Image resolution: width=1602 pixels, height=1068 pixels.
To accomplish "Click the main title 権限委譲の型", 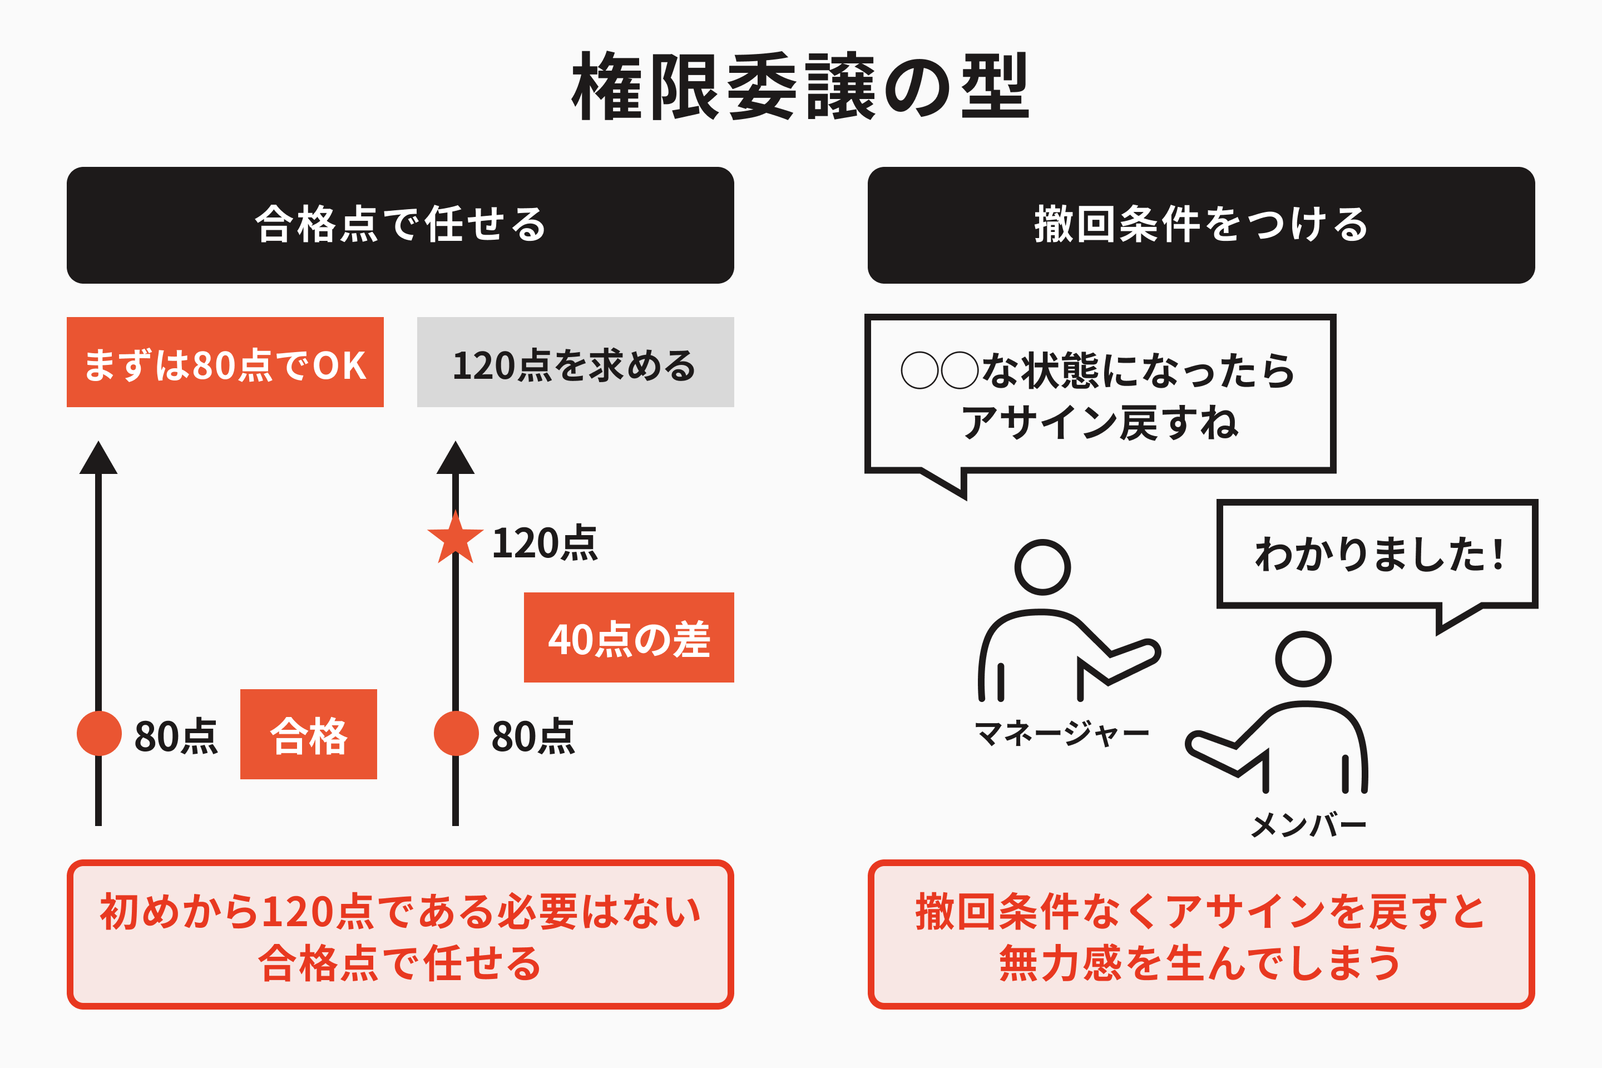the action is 800,87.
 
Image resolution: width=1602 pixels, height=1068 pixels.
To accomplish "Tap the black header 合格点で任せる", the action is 400,225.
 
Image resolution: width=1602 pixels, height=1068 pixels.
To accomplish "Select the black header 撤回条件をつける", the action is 1201,225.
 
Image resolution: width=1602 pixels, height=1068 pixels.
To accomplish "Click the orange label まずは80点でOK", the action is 225,362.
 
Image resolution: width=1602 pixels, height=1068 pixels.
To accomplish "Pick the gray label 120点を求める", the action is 576,362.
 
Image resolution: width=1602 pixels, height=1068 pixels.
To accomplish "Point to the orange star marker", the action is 455,538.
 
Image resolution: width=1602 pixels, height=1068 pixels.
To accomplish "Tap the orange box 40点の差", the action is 629,637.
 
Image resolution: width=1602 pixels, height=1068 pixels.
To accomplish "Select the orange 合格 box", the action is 309,734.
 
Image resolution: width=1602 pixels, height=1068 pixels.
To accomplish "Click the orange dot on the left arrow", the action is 100,733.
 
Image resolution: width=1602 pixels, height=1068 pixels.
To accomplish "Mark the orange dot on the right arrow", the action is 456,733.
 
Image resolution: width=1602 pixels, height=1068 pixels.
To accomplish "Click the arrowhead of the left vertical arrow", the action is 99,457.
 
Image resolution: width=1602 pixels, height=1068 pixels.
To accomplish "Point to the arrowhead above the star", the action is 456,457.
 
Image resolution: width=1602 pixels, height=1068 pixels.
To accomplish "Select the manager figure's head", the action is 1042,567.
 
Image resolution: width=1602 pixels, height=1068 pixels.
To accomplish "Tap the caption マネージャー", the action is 1062,734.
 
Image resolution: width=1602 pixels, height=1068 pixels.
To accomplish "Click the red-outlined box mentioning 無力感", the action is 1201,934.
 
